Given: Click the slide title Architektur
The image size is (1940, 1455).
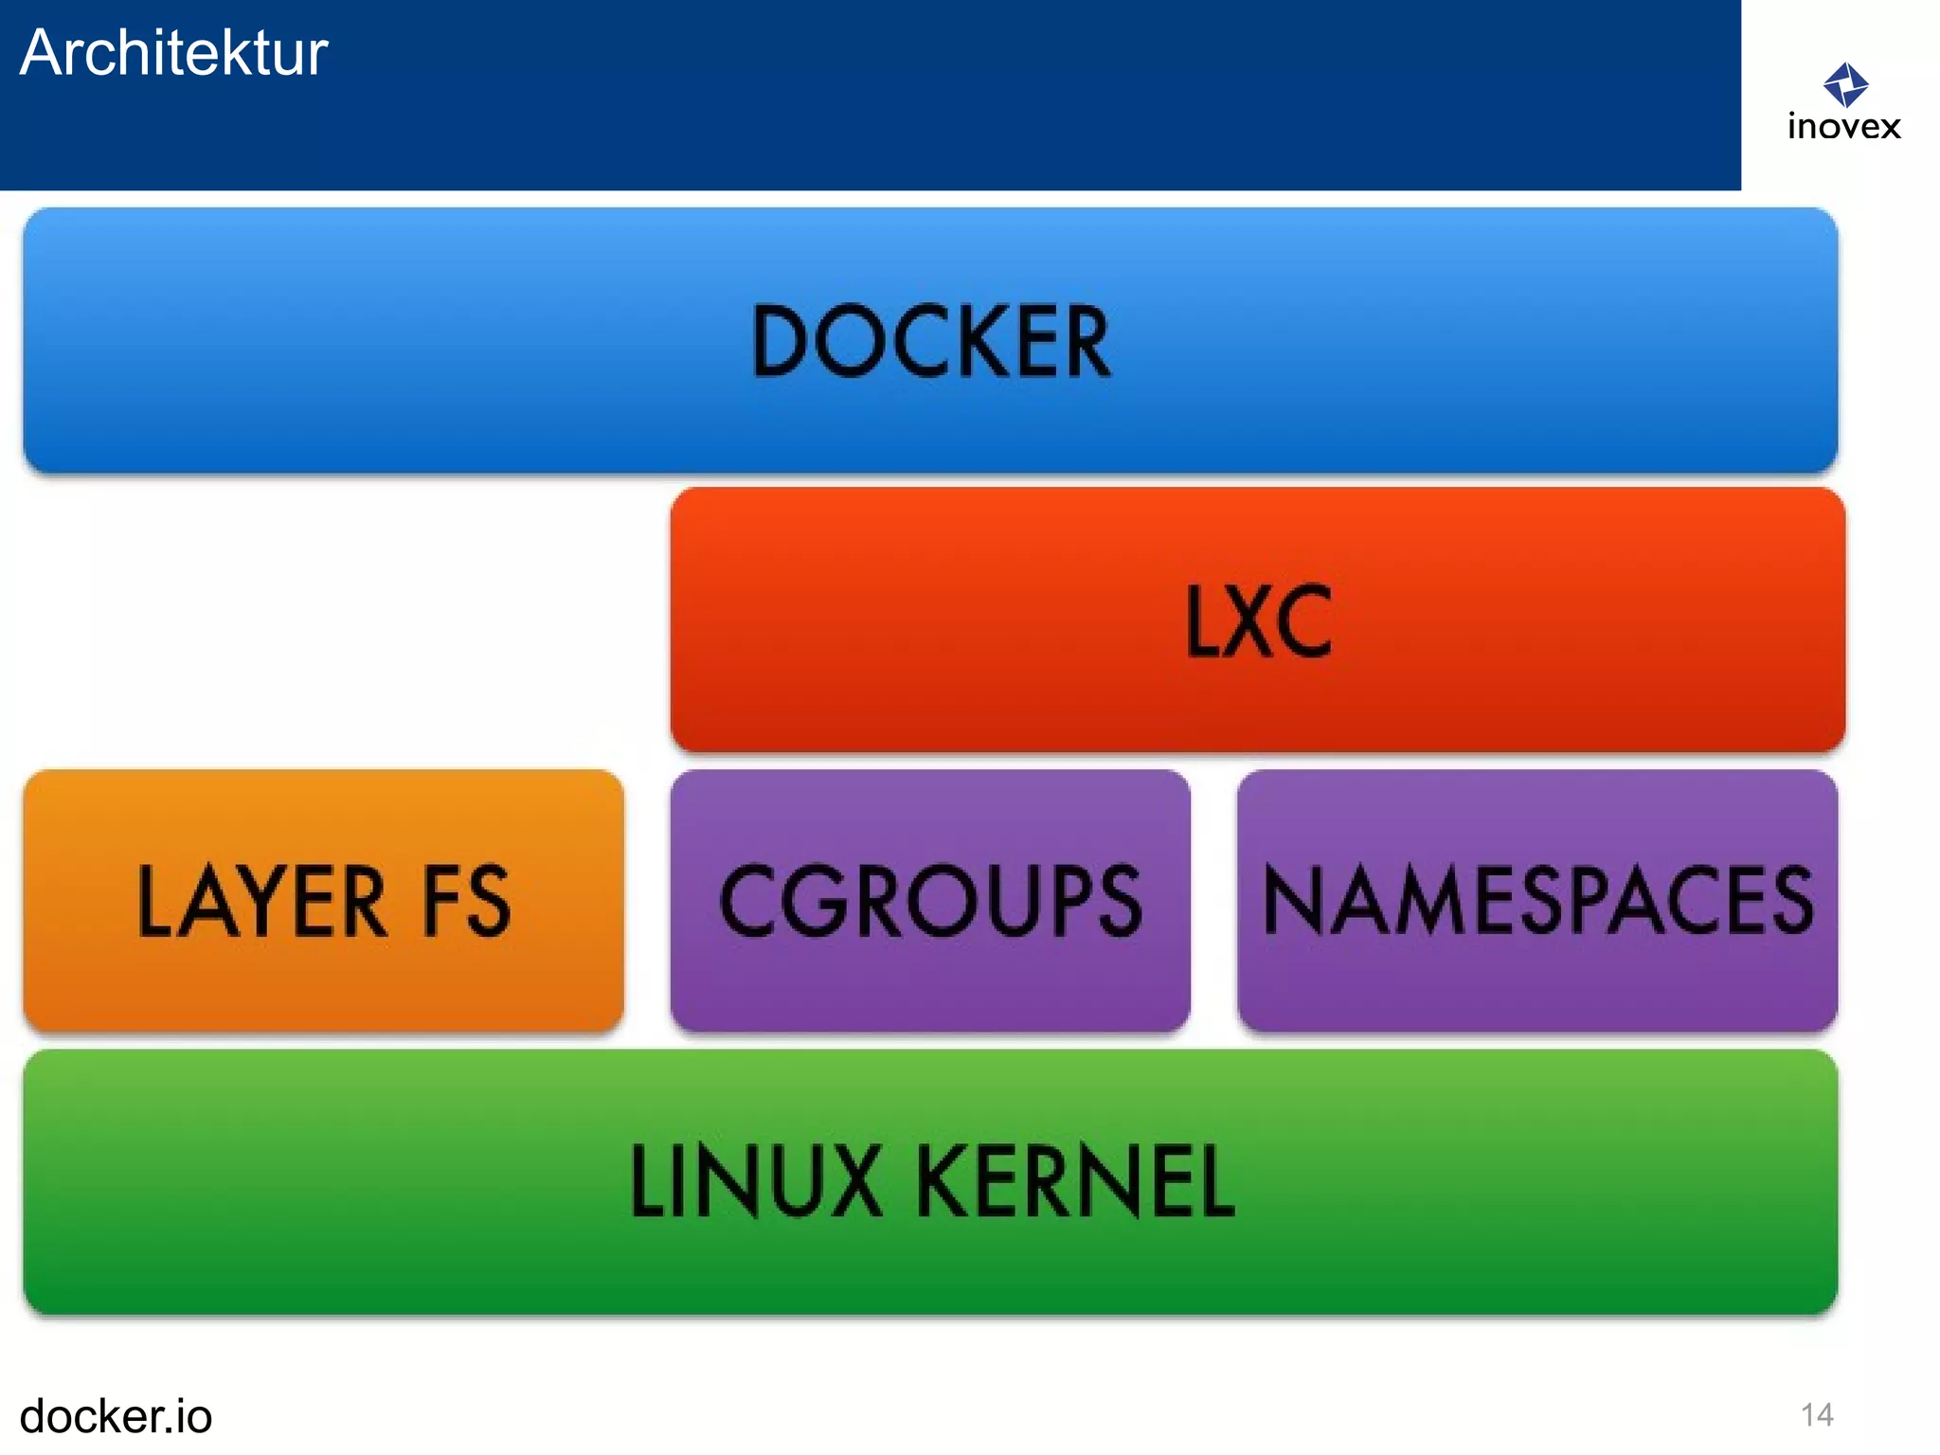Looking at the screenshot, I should point(173,53).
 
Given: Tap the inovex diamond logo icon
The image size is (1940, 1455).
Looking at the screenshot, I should point(1845,85).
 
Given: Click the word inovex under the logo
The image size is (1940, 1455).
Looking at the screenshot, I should point(1843,127).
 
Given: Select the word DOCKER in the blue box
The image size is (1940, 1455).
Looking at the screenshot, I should point(930,342).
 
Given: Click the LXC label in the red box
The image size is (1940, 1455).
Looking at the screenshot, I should point(1258,621).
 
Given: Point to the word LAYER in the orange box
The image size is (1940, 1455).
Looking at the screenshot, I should point(261,901).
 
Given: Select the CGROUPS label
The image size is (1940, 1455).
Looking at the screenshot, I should point(930,901).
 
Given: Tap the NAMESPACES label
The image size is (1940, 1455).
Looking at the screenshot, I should point(1537,901).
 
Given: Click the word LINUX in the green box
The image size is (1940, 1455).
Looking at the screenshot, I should point(756,1180).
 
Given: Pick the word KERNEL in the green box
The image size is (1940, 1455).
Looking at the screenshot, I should point(1075,1180).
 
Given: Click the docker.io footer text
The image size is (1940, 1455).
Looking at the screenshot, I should point(116,1416).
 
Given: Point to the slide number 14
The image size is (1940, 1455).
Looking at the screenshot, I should point(1817,1415).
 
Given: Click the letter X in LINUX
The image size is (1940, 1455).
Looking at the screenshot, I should point(850,1180).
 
